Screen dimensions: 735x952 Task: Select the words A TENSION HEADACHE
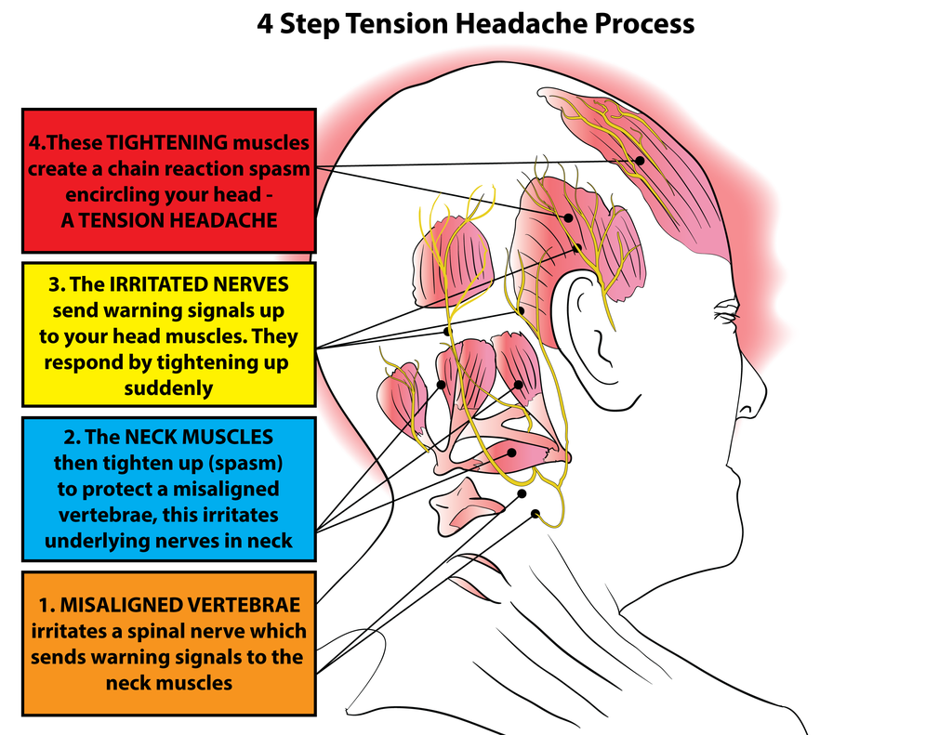point(169,220)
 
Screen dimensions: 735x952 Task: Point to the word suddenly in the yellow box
point(168,388)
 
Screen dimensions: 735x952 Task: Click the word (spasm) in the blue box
point(245,462)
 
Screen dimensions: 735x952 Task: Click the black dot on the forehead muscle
point(640,161)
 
